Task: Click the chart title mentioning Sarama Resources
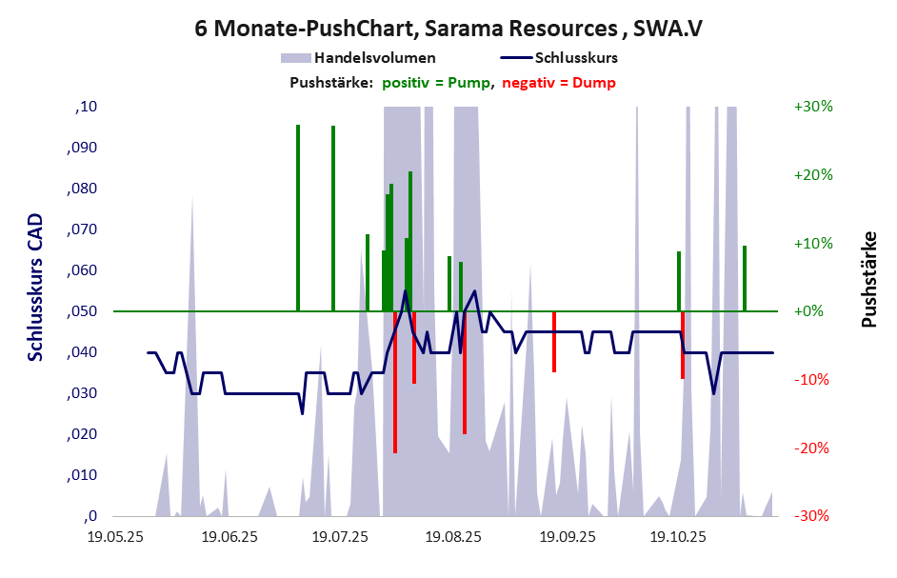pyautogui.click(x=448, y=28)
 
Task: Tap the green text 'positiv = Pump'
pyautogui.click(x=437, y=83)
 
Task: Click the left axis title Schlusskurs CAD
pyautogui.click(x=36, y=286)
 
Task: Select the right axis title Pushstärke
pyautogui.click(x=868, y=280)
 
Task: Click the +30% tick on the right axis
pyautogui.click(x=813, y=107)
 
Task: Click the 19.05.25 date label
pyautogui.click(x=115, y=538)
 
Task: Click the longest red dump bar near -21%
pyautogui.click(x=395, y=381)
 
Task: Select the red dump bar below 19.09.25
pyautogui.click(x=554, y=341)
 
